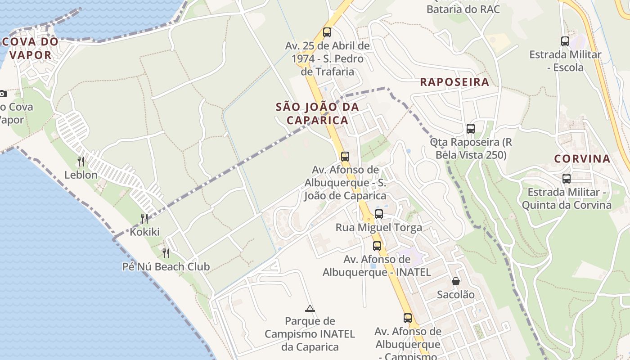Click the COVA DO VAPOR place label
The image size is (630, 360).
[x=30, y=49]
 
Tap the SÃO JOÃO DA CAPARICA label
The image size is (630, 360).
[x=317, y=113]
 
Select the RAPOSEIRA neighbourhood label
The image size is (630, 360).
[x=454, y=82]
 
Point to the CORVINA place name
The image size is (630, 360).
[x=582, y=159]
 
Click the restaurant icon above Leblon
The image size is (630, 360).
[x=81, y=161]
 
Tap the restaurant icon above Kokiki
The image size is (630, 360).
[x=144, y=219]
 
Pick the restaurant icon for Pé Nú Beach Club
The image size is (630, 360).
[x=166, y=253]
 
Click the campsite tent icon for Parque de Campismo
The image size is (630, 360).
[x=310, y=308]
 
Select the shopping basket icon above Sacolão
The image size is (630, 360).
[x=456, y=281]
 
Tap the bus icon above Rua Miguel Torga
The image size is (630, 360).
[x=379, y=214]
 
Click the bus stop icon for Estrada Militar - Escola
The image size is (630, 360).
[x=565, y=41]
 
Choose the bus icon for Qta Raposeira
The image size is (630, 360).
[x=471, y=129]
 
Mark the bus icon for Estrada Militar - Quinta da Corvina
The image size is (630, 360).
[x=567, y=179]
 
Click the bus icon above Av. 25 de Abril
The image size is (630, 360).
[x=327, y=32]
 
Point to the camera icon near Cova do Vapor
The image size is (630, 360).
[x=3, y=94]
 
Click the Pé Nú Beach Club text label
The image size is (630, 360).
[x=166, y=267]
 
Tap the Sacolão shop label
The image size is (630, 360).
[x=456, y=295]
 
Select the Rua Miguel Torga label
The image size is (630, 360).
[x=379, y=228]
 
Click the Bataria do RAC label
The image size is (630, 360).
[x=463, y=9]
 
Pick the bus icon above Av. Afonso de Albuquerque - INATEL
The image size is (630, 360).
[x=377, y=246]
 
